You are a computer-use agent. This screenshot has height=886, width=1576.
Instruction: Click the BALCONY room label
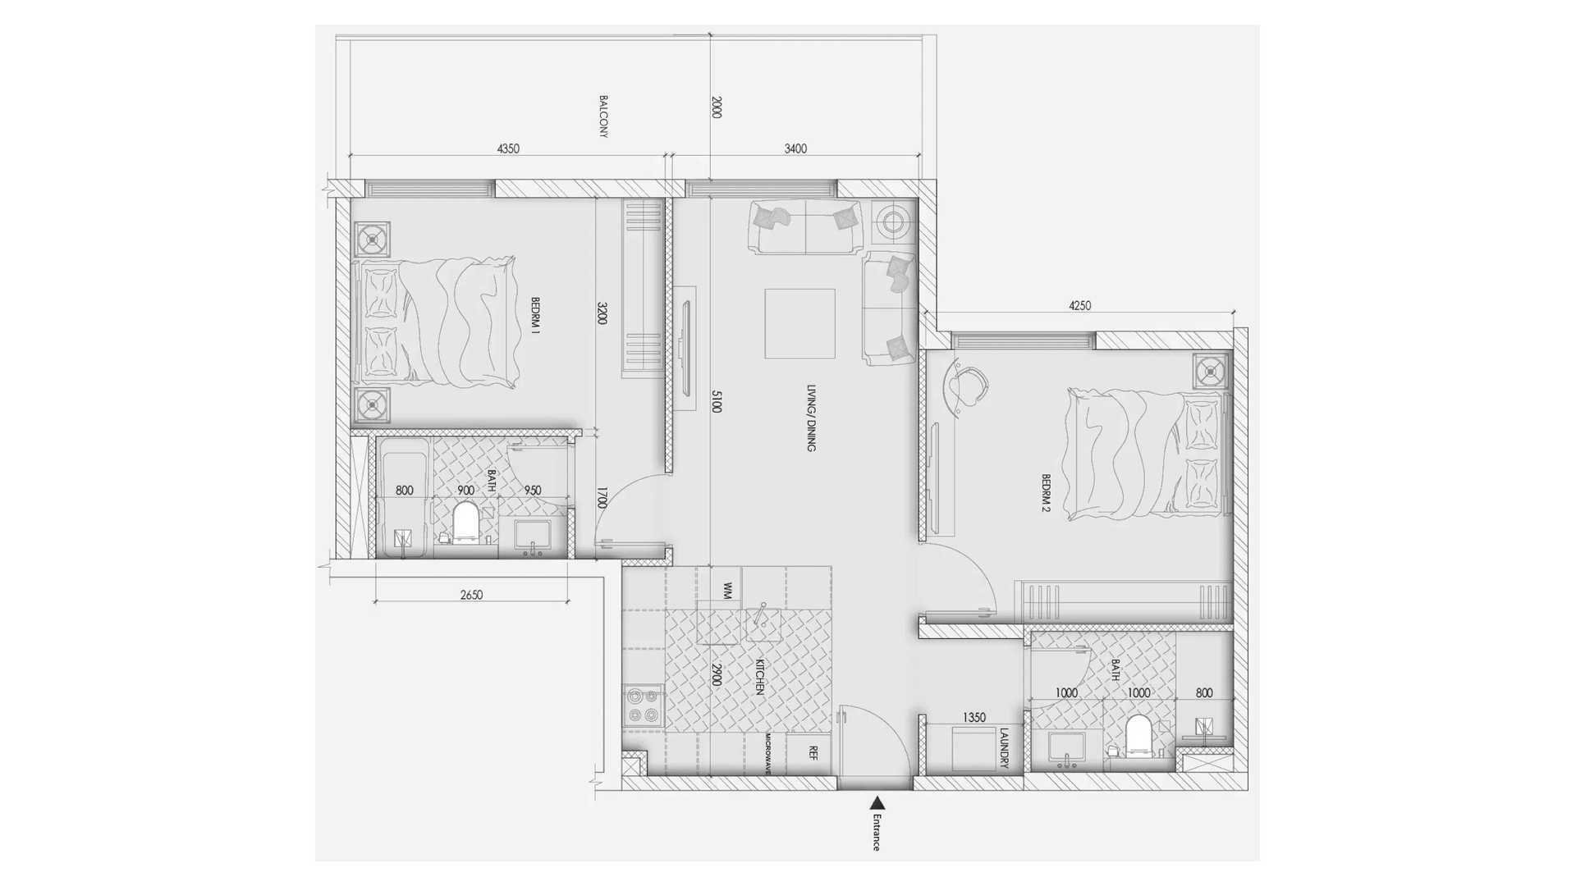[x=603, y=116]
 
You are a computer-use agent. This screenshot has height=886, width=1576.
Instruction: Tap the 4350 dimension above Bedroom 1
[x=508, y=148]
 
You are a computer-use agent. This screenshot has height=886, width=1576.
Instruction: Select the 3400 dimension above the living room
[x=795, y=148]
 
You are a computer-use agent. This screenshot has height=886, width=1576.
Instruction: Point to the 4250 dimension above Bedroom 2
[x=1079, y=305]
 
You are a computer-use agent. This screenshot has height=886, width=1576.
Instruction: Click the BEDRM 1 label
[x=535, y=316]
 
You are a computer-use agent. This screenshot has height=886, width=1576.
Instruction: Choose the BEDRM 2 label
[x=1046, y=493]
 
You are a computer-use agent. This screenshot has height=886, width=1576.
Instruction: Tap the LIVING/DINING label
[x=811, y=418]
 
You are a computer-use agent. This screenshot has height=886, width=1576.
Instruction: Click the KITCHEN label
[x=760, y=677]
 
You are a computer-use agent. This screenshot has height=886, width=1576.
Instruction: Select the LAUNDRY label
[x=1004, y=748]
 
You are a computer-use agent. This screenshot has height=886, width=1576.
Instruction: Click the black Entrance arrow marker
[x=877, y=803]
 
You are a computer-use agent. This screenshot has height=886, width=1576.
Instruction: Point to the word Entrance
[x=877, y=832]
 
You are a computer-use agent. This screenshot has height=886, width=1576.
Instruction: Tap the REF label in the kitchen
[x=813, y=752]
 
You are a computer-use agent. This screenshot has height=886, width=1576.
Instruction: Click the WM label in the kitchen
[x=727, y=590]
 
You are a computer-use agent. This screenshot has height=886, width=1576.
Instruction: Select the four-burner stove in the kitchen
[x=643, y=706]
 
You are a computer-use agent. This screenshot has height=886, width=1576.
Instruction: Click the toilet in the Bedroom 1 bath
[x=465, y=523]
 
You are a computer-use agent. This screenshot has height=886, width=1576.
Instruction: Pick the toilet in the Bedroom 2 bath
[x=1138, y=736]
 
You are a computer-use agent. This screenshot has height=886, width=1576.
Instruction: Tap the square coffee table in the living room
[x=799, y=323]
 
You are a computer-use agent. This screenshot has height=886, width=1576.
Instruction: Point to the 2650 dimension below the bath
[x=471, y=595]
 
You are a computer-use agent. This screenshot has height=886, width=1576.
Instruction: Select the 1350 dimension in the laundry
[x=974, y=717]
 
